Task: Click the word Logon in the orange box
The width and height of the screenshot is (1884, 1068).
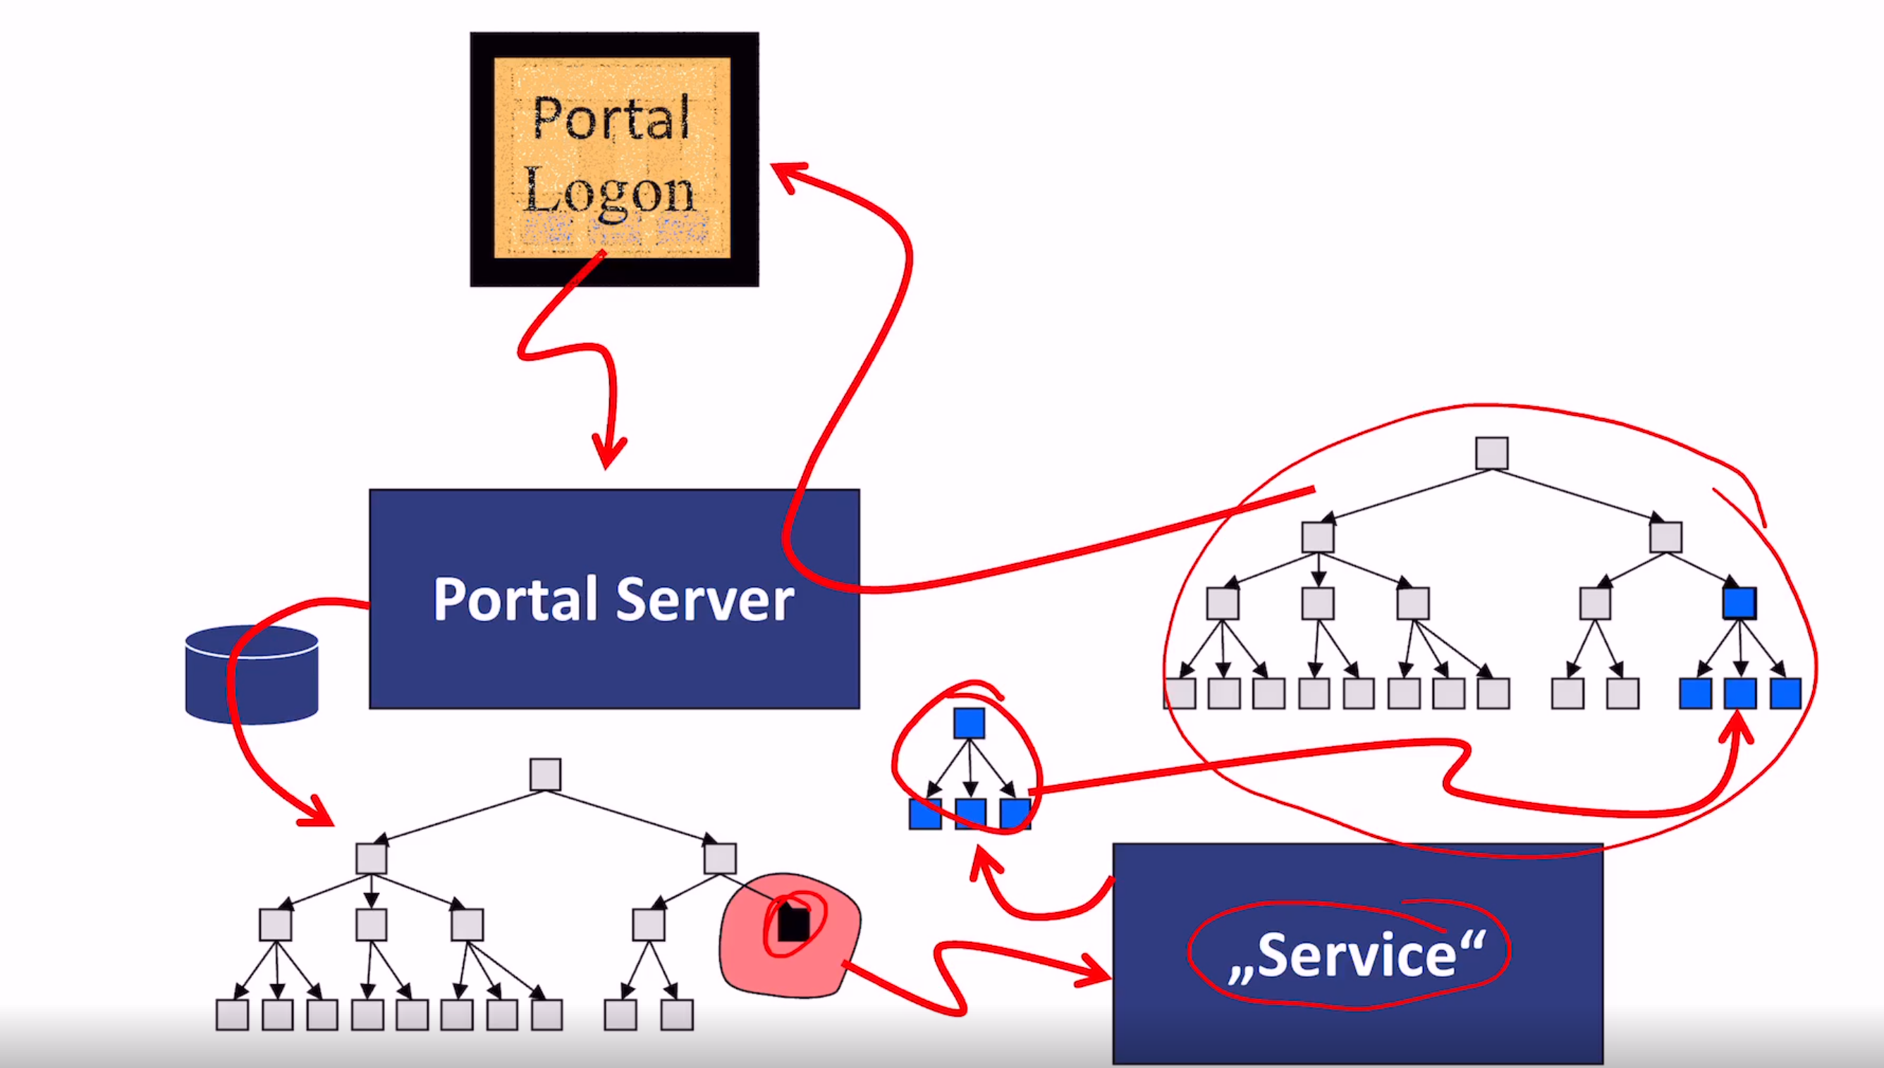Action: [x=609, y=192]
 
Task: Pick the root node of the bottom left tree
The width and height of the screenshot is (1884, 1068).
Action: [x=545, y=775]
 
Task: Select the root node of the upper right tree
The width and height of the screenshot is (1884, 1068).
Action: [x=1491, y=453]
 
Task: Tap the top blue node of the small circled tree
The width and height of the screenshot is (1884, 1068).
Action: [x=969, y=723]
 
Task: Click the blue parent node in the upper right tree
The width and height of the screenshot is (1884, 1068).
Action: [x=1739, y=603]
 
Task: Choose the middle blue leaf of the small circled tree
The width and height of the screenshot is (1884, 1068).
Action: [x=971, y=814]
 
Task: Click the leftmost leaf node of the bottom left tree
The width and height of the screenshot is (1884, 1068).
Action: [x=232, y=1015]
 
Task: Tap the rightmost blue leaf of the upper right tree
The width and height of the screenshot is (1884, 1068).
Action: [x=1785, y=693]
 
